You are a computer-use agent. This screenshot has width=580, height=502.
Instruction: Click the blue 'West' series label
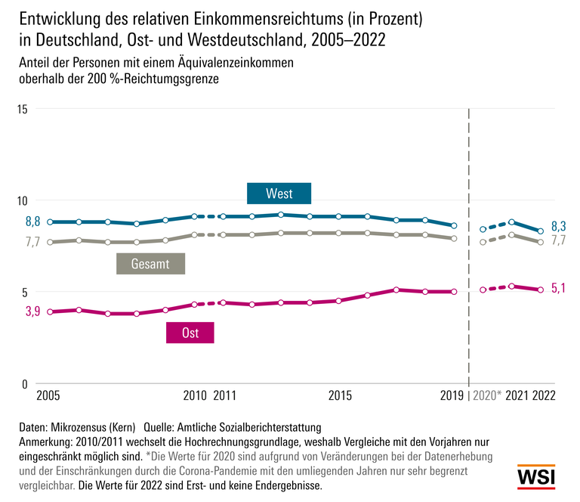[x=279, y=194]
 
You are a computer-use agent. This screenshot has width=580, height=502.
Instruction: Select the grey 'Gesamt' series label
[x=150, y=264]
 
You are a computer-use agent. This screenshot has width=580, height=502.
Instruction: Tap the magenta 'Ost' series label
[x=190, y=333]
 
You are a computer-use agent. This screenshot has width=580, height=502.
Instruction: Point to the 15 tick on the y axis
[x=22, y=109]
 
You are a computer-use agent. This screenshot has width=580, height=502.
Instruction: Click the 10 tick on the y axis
[x=22, y=200]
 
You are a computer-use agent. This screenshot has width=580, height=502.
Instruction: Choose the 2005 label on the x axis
[x=49, y=396]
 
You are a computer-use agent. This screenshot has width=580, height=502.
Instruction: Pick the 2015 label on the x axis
[x=340, y=396]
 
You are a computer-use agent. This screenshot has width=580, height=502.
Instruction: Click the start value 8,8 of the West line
[x=32, y=222]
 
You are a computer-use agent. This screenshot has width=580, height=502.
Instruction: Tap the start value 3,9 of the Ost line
[x=32, y=311]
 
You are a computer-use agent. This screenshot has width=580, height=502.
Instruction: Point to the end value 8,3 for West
[x=559, y=226]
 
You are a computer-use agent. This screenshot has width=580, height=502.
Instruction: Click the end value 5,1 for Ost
[x=559, y=287]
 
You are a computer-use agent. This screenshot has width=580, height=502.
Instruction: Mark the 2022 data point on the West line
[x=541, y=231]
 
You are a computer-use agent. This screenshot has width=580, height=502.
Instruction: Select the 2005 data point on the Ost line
[x=50, y=311]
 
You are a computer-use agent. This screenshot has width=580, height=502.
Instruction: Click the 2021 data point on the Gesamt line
[x=512, y=235]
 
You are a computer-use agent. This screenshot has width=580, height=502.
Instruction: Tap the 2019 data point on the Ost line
[x=454, y=291]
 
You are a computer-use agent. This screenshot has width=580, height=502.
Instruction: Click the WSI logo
[x=535, y=478]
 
